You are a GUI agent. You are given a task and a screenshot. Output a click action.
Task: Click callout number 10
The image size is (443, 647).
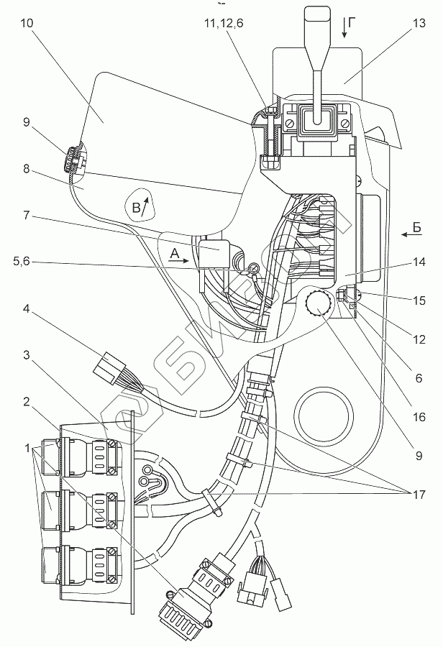point(27,23)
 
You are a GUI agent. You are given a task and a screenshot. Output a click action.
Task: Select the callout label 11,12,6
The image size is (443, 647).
point(224,23)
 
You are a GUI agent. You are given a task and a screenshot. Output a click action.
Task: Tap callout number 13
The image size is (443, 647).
point(419,23)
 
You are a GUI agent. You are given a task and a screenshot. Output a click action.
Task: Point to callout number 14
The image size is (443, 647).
point(419,262)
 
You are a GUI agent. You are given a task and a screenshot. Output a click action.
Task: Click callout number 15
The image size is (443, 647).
point(419,300)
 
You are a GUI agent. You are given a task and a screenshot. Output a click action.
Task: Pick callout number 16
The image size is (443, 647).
point(419,417)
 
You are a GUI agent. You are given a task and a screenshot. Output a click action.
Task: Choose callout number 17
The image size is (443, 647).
point(419,495)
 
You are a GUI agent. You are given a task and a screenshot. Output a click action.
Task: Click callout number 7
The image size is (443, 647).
point(27,215)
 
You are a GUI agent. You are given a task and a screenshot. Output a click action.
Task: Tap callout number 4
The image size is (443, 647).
point(27,308)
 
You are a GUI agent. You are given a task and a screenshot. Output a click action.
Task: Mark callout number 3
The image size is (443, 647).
point(27,355)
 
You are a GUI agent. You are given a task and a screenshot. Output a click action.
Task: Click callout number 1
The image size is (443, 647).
point(27,448)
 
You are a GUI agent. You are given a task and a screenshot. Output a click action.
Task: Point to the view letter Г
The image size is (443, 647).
point(352,23)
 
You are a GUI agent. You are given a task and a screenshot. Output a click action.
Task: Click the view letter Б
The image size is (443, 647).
point(416,227)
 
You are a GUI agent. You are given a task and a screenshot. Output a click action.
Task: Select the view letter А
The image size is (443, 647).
point(175,254)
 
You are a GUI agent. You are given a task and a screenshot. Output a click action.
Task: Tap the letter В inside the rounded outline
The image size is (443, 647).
point(136,208)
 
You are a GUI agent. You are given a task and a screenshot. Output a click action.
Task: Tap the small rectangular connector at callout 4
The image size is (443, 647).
point(109,365)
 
